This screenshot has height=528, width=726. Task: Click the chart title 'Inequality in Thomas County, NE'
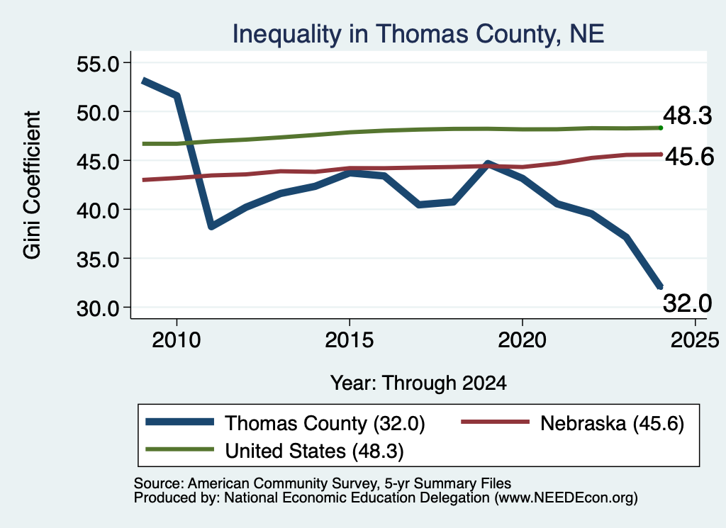click(x=418, y=34)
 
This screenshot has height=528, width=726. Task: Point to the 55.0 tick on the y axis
click(x=98, y=63)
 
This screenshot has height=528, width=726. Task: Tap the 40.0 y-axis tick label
click(x=98, y=210)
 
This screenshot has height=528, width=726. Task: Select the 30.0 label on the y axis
click(x=98, y=308)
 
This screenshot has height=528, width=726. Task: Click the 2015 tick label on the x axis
click(x=349, y=340)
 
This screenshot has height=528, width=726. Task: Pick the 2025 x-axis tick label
click(x=695, y=340)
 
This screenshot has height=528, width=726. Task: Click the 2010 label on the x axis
click(x=177, y=340)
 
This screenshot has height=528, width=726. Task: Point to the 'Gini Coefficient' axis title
click(x=33, y=185)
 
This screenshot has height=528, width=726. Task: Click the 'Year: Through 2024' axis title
click(x=418, y=383)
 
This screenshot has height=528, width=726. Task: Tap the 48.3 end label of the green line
click(x=688, y=115)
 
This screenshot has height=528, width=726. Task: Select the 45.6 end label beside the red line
click(x=690, y=157)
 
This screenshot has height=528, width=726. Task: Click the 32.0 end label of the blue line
click(x=688, y=303)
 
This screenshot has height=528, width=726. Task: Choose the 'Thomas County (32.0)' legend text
click(x=325, y=423)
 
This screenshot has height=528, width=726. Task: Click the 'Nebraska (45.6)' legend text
click(x=612, y=423)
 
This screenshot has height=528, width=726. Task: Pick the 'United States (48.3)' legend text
click(x=314, y=451)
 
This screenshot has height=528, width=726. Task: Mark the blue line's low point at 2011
click(x=211, y=226)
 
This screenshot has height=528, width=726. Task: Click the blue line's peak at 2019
click(x=488, y=164)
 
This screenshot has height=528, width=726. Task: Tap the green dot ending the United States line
click(x=661, y=128)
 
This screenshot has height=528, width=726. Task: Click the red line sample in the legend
click(x=495, y=422)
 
